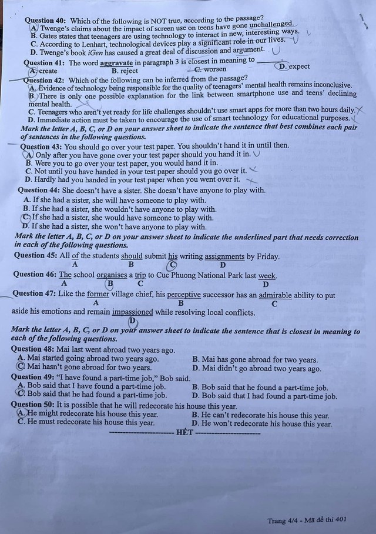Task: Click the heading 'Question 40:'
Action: [x=46, y=19]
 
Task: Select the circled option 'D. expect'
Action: [x=293, y=66]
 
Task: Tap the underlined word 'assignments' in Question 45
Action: [x=221, y=256]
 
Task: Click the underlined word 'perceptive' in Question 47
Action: [x=184, y=295]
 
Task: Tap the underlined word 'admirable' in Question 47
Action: [x=278, y=295]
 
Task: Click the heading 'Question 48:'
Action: [x=34, y=350]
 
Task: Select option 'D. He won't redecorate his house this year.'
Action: [x=262, y=423]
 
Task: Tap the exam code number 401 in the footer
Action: [x=354, y=520]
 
